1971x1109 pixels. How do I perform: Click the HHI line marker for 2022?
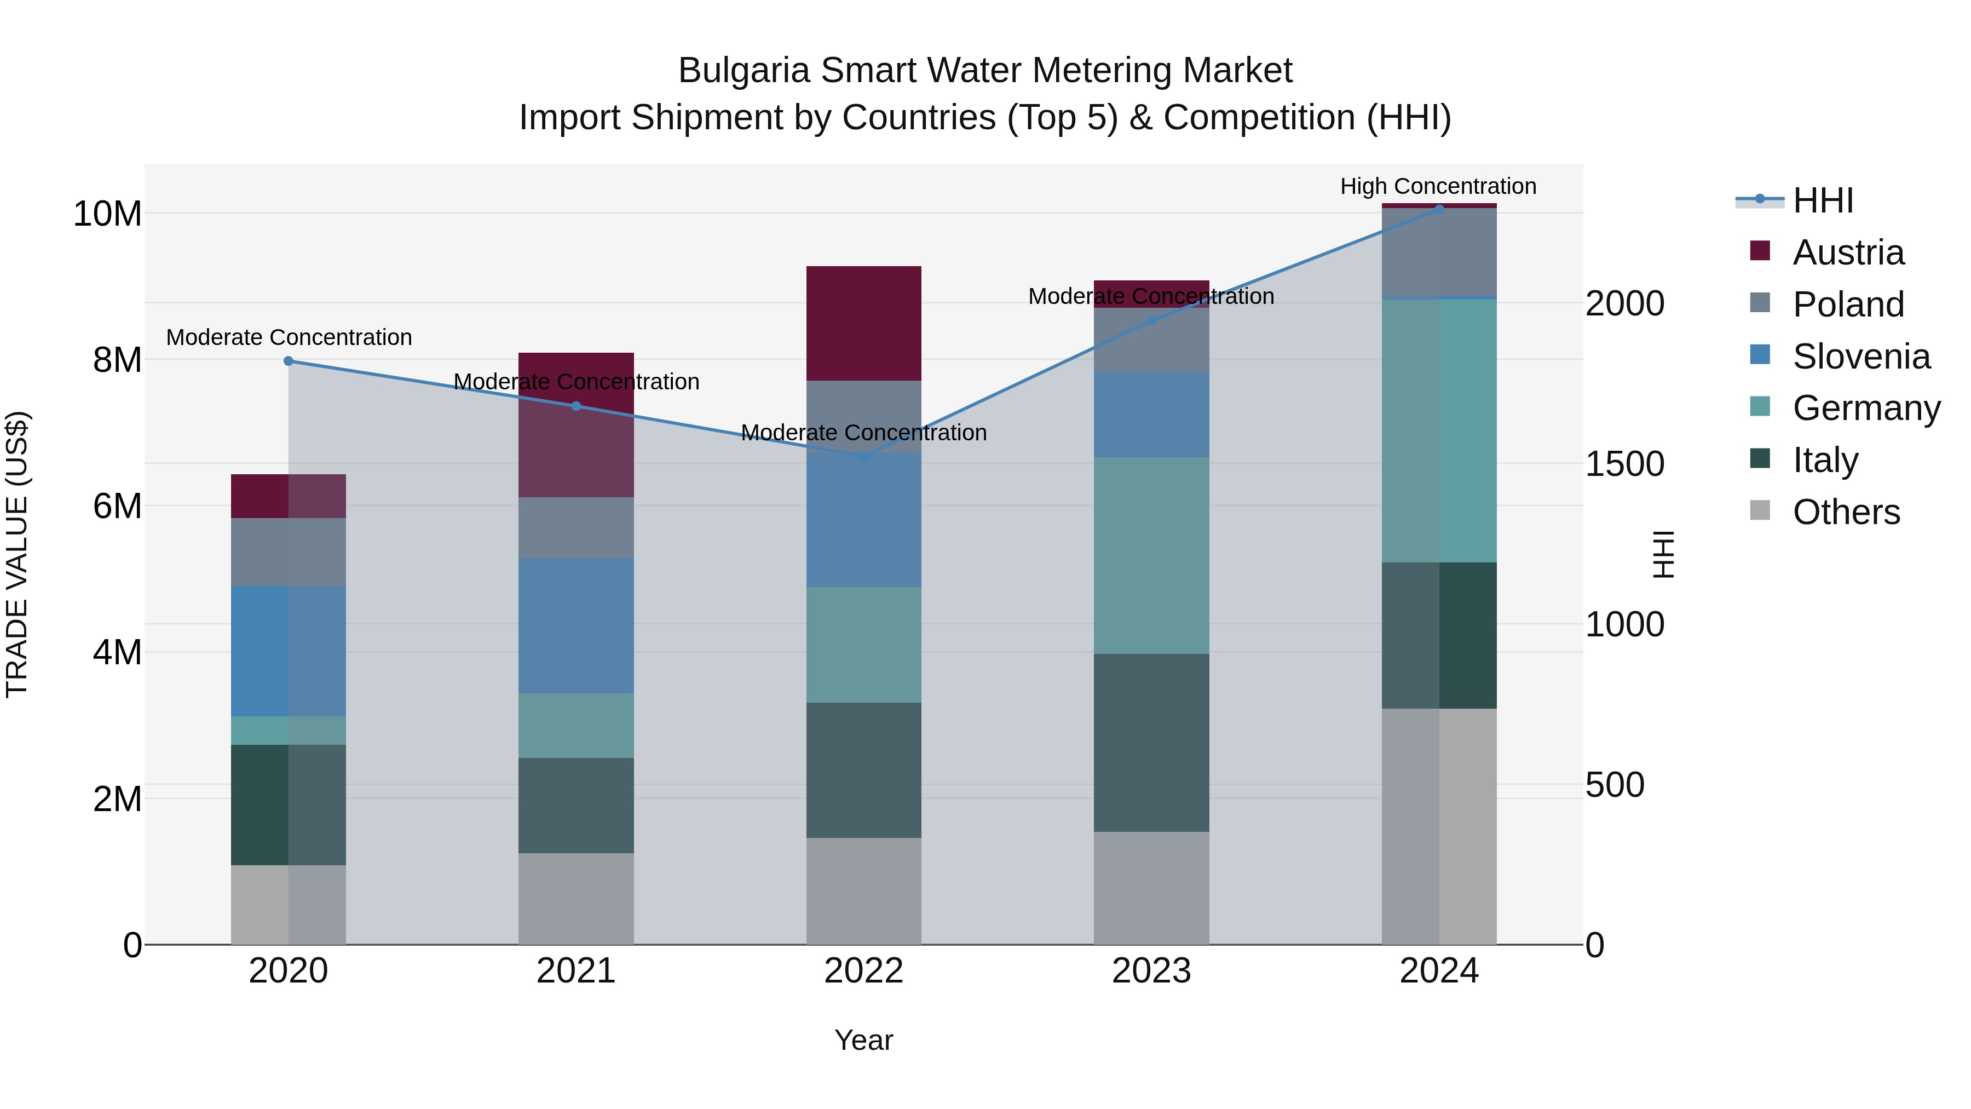864,456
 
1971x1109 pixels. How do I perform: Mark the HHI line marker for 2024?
1439,209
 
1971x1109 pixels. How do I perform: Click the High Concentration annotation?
1438,186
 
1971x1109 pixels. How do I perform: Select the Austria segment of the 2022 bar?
864,323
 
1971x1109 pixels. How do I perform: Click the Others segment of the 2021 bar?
576,899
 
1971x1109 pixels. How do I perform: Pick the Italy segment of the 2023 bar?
1151,743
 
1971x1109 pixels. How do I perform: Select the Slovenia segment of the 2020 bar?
289,651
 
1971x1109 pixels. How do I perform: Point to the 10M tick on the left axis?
107,214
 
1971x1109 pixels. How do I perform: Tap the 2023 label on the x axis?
1151,971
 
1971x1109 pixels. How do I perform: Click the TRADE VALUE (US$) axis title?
17,554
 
